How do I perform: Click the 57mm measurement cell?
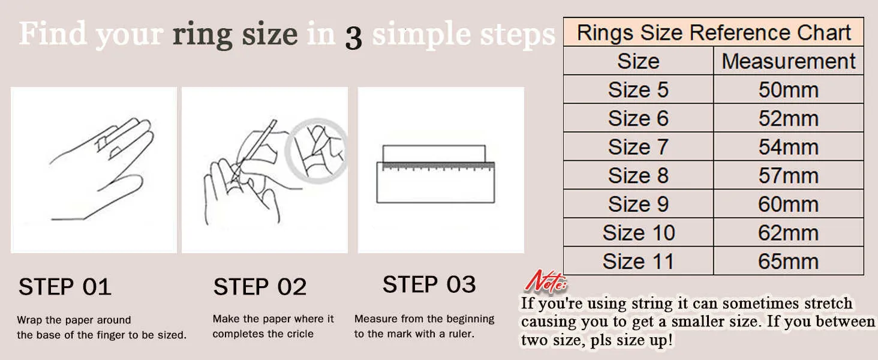(x=788, y=175)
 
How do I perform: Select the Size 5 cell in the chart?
(x=638, y=89)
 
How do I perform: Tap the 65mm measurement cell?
(x=788, y=261)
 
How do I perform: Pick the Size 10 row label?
(x=638, y=233)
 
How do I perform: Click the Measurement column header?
(x=788, y=61)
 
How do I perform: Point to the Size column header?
(x=638, y=61)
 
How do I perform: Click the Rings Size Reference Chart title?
(x=714, y=32)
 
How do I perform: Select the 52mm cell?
(x=788, y=118)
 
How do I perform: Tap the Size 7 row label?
(x=638, y=146)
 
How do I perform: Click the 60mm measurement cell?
(x=788, y=204)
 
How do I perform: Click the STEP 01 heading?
(x=65, y=287)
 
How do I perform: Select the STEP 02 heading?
(x=260, y=287)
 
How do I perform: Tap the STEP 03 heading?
(x=429, y=284)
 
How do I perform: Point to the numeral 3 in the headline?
(x=354, y=38)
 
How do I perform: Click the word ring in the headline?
(x=202, y=36)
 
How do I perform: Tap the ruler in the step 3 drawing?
(x=435, y=182)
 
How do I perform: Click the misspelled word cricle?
(x=299, y=334)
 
